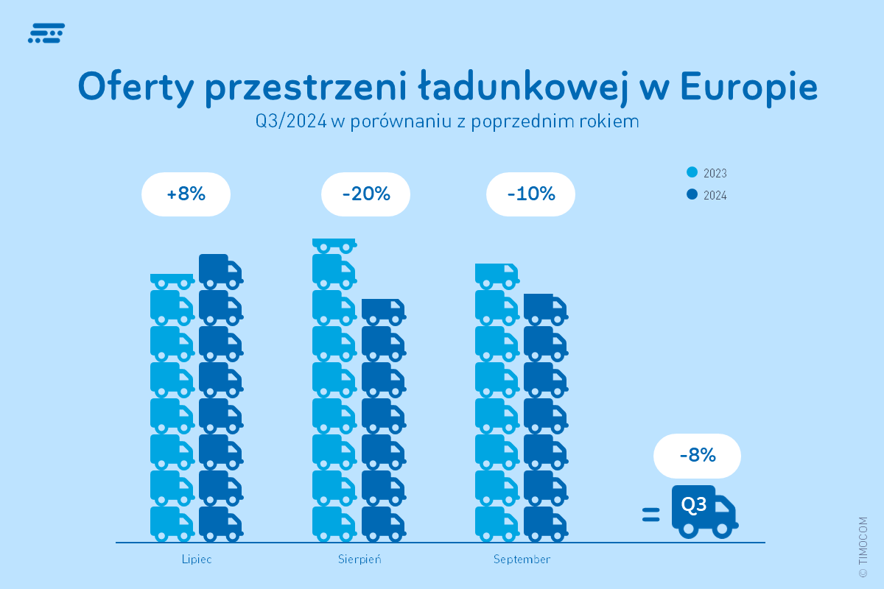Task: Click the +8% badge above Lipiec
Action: [186, 194]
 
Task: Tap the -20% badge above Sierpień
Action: [365, 194]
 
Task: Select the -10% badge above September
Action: [530, 194]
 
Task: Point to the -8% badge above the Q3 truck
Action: [697, 455]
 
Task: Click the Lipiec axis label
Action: [197, 560]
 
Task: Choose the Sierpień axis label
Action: [359, 560]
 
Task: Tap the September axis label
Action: [522, 560]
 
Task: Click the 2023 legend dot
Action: [692, 173]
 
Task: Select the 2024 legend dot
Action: [692, 195]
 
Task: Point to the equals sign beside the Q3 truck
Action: [650, 515]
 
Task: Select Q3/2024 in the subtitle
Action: [291, 121]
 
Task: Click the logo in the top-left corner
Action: [46, 33]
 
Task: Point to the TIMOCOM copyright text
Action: [863, 546]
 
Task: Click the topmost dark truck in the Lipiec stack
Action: [220, 270]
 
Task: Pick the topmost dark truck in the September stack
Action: [544, 308]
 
